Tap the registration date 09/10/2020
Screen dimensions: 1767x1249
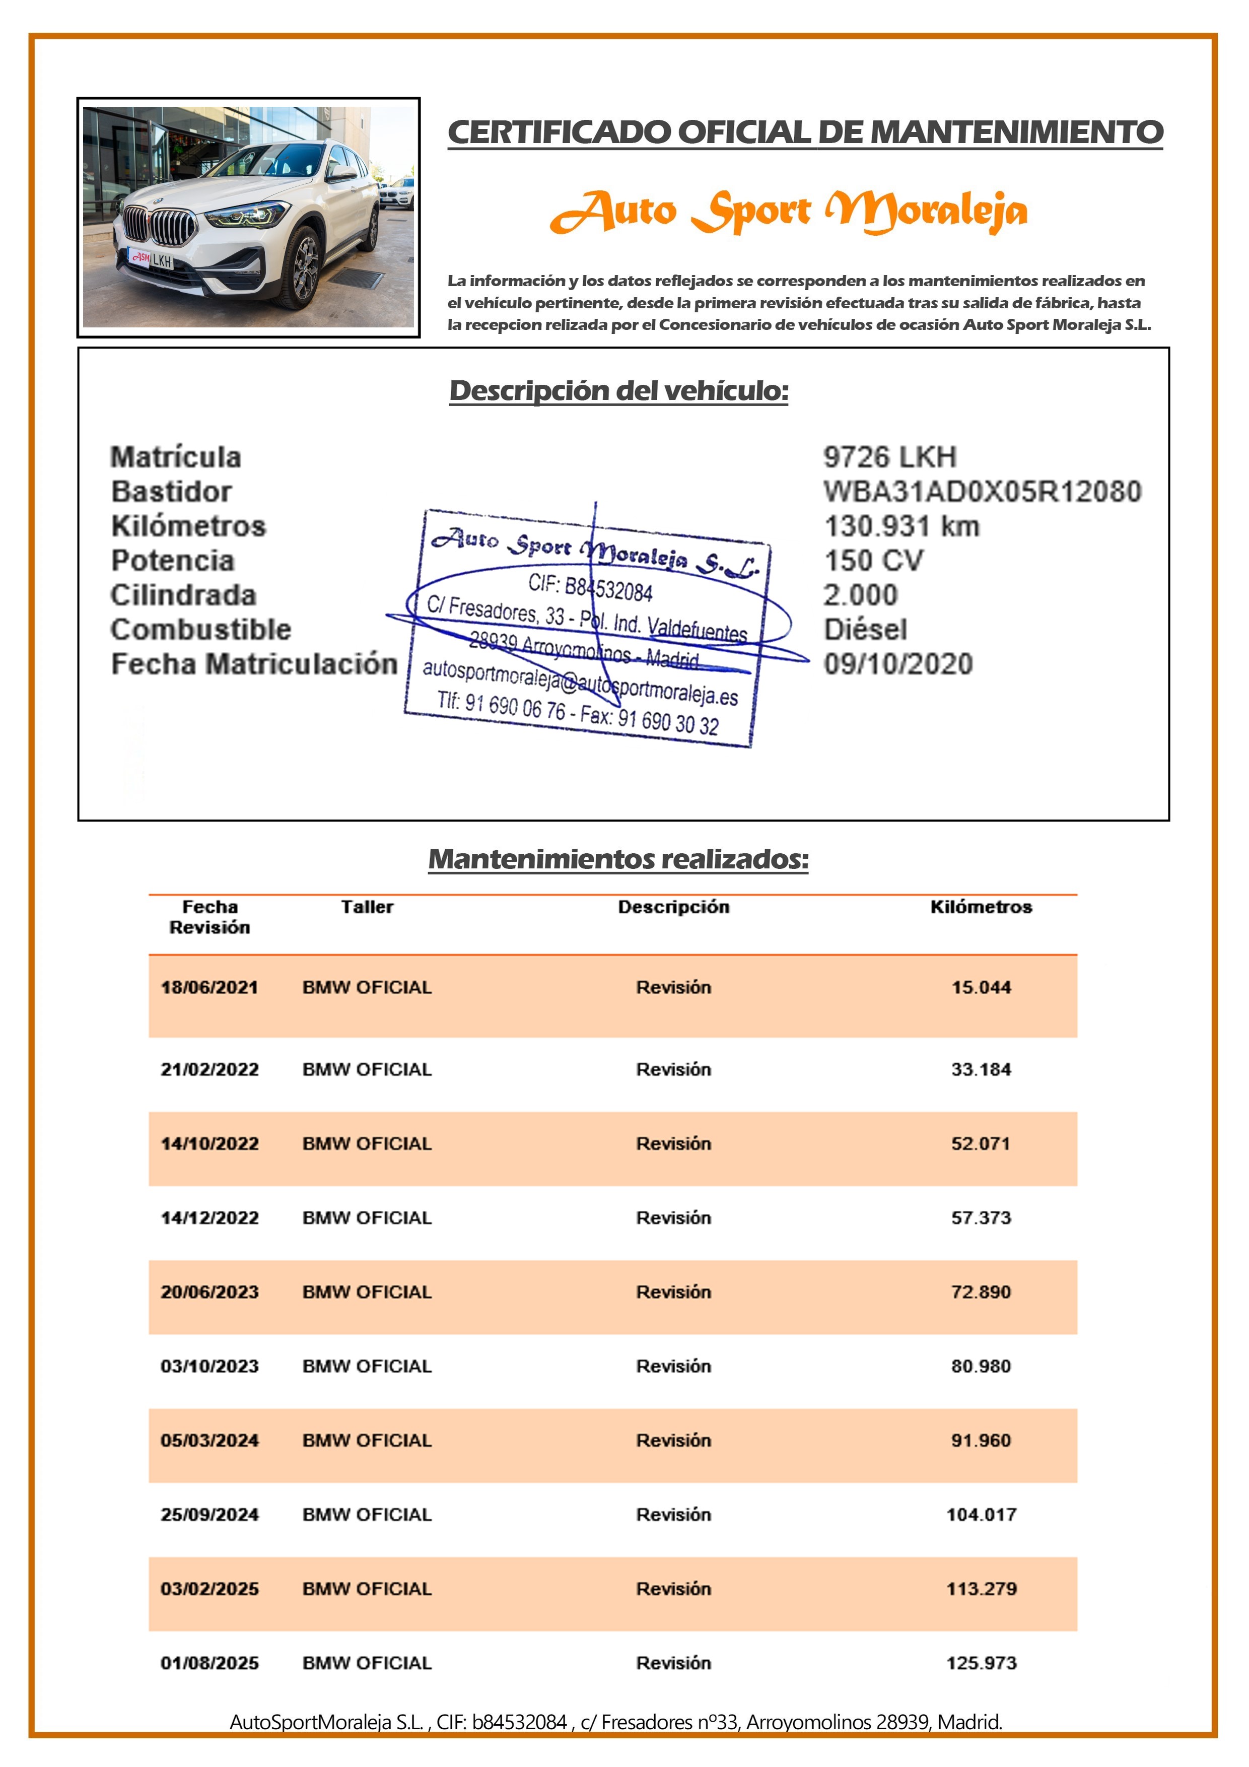click(898, 663)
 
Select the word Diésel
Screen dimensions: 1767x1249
click(865, 630)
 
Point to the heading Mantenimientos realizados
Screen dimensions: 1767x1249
click(618, 859)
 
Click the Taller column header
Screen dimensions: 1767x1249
click(367, 907)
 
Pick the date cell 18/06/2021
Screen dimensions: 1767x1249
click(210, 987)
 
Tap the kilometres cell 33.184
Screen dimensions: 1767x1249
click(981, 1069)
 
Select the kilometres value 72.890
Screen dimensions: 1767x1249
click(981, 1292)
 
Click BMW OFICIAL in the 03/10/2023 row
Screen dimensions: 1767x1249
click(367, 1366)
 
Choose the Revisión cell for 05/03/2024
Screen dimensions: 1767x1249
click(673, 1441)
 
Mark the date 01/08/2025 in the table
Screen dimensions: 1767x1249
click(210, 1663)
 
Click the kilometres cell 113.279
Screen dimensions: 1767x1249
click(981, 1589)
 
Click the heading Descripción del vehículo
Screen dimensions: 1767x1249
click(619, 391)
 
